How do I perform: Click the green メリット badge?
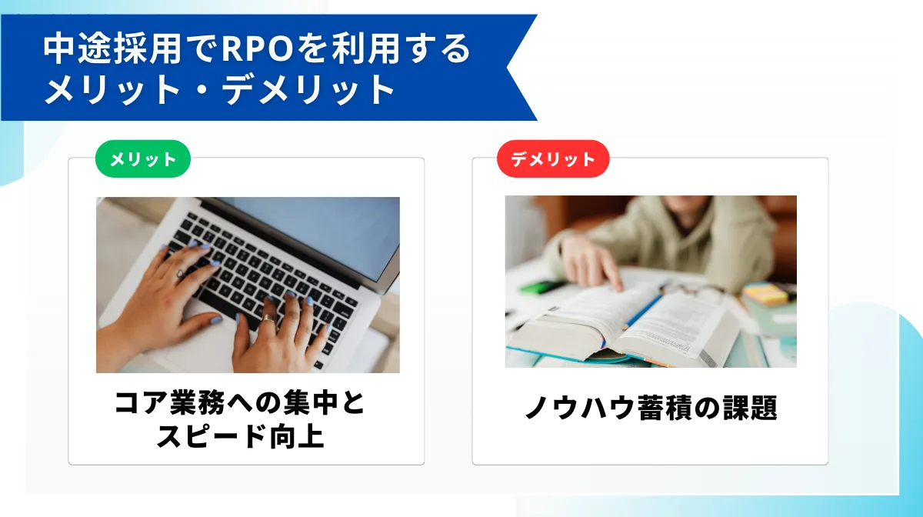coord(142,159)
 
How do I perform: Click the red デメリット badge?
coord(553,159)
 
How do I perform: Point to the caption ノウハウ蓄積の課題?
coord(651,409)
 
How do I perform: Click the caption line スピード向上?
coord(240,436)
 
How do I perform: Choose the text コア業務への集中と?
coord(240,403)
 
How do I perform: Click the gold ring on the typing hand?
coord(268,319)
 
